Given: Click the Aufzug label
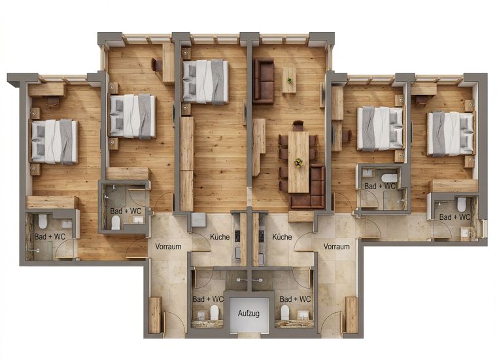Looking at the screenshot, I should [248, 314].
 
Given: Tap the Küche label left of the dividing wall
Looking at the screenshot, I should [220, 237].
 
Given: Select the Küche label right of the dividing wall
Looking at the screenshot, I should [282, 237].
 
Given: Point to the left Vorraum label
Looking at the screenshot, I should [169, 247].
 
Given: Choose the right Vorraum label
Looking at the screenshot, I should [336, 247].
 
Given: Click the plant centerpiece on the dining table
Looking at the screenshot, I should [298, 162].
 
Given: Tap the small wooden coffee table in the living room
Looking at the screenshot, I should [289, 80].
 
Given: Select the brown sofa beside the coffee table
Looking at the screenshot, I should [264, 81].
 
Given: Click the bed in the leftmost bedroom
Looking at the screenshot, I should [54, 141].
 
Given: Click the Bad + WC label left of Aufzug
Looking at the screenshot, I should [208, 299].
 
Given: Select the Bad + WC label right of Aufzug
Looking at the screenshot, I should [295, 299].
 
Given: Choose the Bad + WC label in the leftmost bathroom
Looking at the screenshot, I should [50, 236].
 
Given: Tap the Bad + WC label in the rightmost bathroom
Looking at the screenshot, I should [455, 217].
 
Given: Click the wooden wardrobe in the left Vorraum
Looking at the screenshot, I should [155, 315].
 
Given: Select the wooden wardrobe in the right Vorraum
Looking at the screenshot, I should [351, 315].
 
